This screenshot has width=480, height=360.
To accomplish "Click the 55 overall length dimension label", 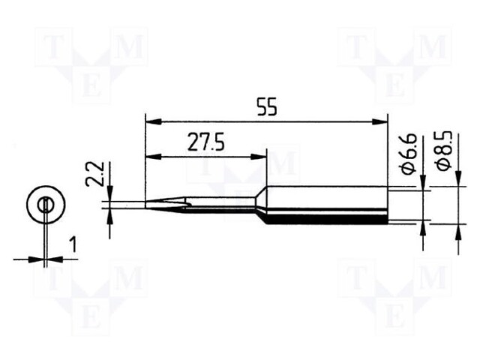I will click(x=266, y=106).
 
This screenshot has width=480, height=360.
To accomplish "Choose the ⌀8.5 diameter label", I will click(x=445, y=150).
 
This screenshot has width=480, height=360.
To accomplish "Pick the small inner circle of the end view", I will click(x=45, y=204).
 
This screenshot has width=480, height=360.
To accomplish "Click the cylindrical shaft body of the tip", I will click(x=330, y=205).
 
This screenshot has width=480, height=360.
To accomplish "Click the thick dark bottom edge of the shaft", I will click(x=330, y=221).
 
